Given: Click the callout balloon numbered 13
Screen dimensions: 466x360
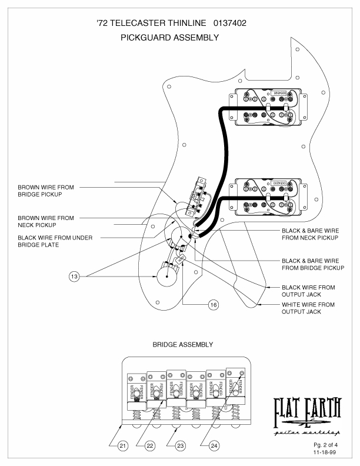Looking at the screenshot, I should tap(74, 276).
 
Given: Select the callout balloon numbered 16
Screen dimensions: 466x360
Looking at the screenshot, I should tap(214, 304).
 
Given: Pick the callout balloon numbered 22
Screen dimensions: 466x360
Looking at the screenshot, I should tap(149, 445).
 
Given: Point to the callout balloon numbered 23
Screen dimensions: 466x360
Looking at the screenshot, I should tap(180, 445).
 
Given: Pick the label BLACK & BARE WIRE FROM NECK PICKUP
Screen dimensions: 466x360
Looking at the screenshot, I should tap(310, 234).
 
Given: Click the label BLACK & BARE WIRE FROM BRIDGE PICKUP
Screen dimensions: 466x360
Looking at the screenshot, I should tap(313, 264).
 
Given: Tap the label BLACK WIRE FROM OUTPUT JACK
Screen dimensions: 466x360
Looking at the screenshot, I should tap(308, 291).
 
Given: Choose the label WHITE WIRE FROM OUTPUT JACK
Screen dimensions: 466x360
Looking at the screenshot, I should tap(308, 308).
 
